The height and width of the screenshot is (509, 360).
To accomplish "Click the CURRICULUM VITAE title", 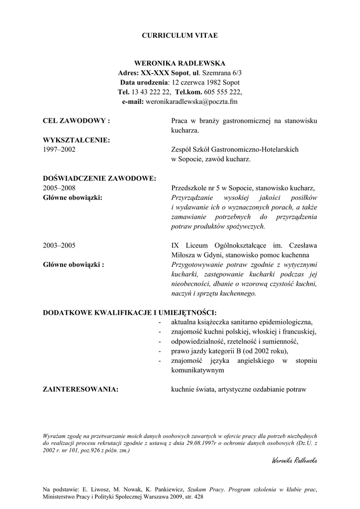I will coord(180,35).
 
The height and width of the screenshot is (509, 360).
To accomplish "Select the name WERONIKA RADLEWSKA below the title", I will coord(180,63).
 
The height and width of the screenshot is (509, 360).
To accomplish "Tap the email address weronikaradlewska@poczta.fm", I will coord(194,101).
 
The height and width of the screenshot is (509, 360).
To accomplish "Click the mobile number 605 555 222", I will coord(222,92).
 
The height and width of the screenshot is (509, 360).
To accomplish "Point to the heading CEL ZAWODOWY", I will coord(76,121).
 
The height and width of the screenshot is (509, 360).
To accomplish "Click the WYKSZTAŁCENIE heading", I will coord(76,140).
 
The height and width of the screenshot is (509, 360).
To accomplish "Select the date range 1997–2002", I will coord(59,150).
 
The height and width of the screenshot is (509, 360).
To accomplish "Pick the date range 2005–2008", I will coord(59,188).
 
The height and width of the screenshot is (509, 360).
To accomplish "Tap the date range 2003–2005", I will coord(59,246).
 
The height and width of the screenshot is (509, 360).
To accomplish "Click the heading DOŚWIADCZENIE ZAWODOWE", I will coord(99,178).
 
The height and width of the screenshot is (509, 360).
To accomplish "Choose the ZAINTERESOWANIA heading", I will coord(81,389).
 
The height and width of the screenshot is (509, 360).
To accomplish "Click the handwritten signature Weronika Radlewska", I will coord(294,460).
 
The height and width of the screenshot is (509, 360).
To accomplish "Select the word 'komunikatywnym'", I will coord(197,370).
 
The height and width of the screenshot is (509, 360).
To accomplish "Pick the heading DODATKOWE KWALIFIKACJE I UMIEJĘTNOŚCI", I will coord(130,313).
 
